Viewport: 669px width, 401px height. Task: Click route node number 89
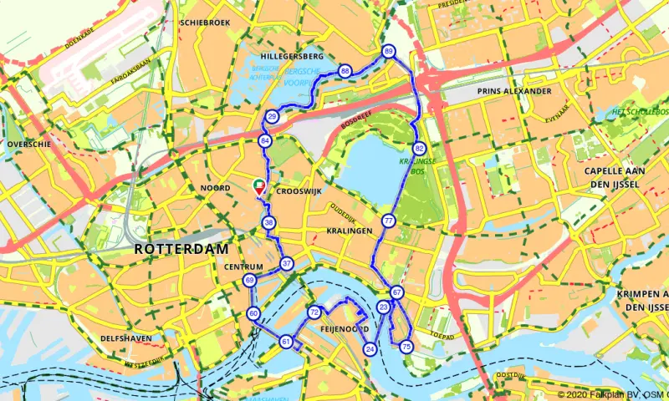pyautogui.click(x=388, y=52)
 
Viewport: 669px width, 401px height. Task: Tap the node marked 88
pyautogui.click(x=345, y=72)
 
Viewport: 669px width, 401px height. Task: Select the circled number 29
pyautogui.click(x=271, y=116)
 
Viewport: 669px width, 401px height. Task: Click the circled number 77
pyautogui.click(x=388, y=221)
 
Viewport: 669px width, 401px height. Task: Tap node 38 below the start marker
pyautogui.click(x=268, y=223)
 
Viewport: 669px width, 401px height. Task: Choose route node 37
pyautogui.click(x=287, y=264)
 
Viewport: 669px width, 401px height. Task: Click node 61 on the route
pyautogui.click(x=286, y=341)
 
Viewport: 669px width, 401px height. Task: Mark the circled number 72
pyautogui.click(x=314, y=312)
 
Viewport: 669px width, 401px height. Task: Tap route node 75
pyautogui.click(x=406, y=346)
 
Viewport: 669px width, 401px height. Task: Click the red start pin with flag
pyautogui.click(x=259, y=187)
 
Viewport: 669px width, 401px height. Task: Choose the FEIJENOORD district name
pyautogui.click(x=345, y=330)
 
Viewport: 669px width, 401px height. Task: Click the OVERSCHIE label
pyautogui.click(x=29, y=144)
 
